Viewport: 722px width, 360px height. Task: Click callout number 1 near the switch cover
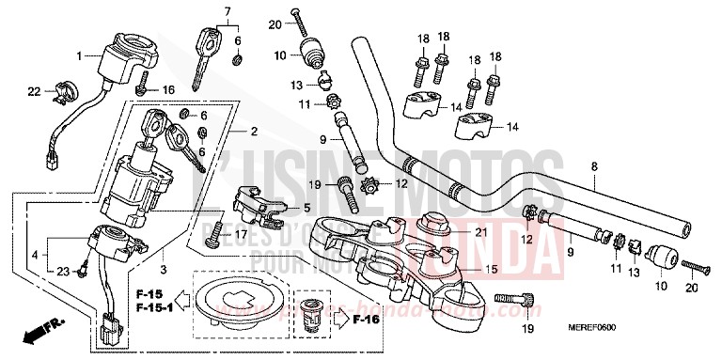pyautogui.click(x=80, y=55)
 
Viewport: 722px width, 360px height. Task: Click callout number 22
pyautogui.click(x=33, y=91)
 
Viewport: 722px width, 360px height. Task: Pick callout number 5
pyautogui.click(x=306, y=208)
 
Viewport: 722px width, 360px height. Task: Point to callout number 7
pyautogui.click(x=227, y=11)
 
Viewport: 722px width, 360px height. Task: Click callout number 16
pyautogui.click(x=169, y=90)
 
